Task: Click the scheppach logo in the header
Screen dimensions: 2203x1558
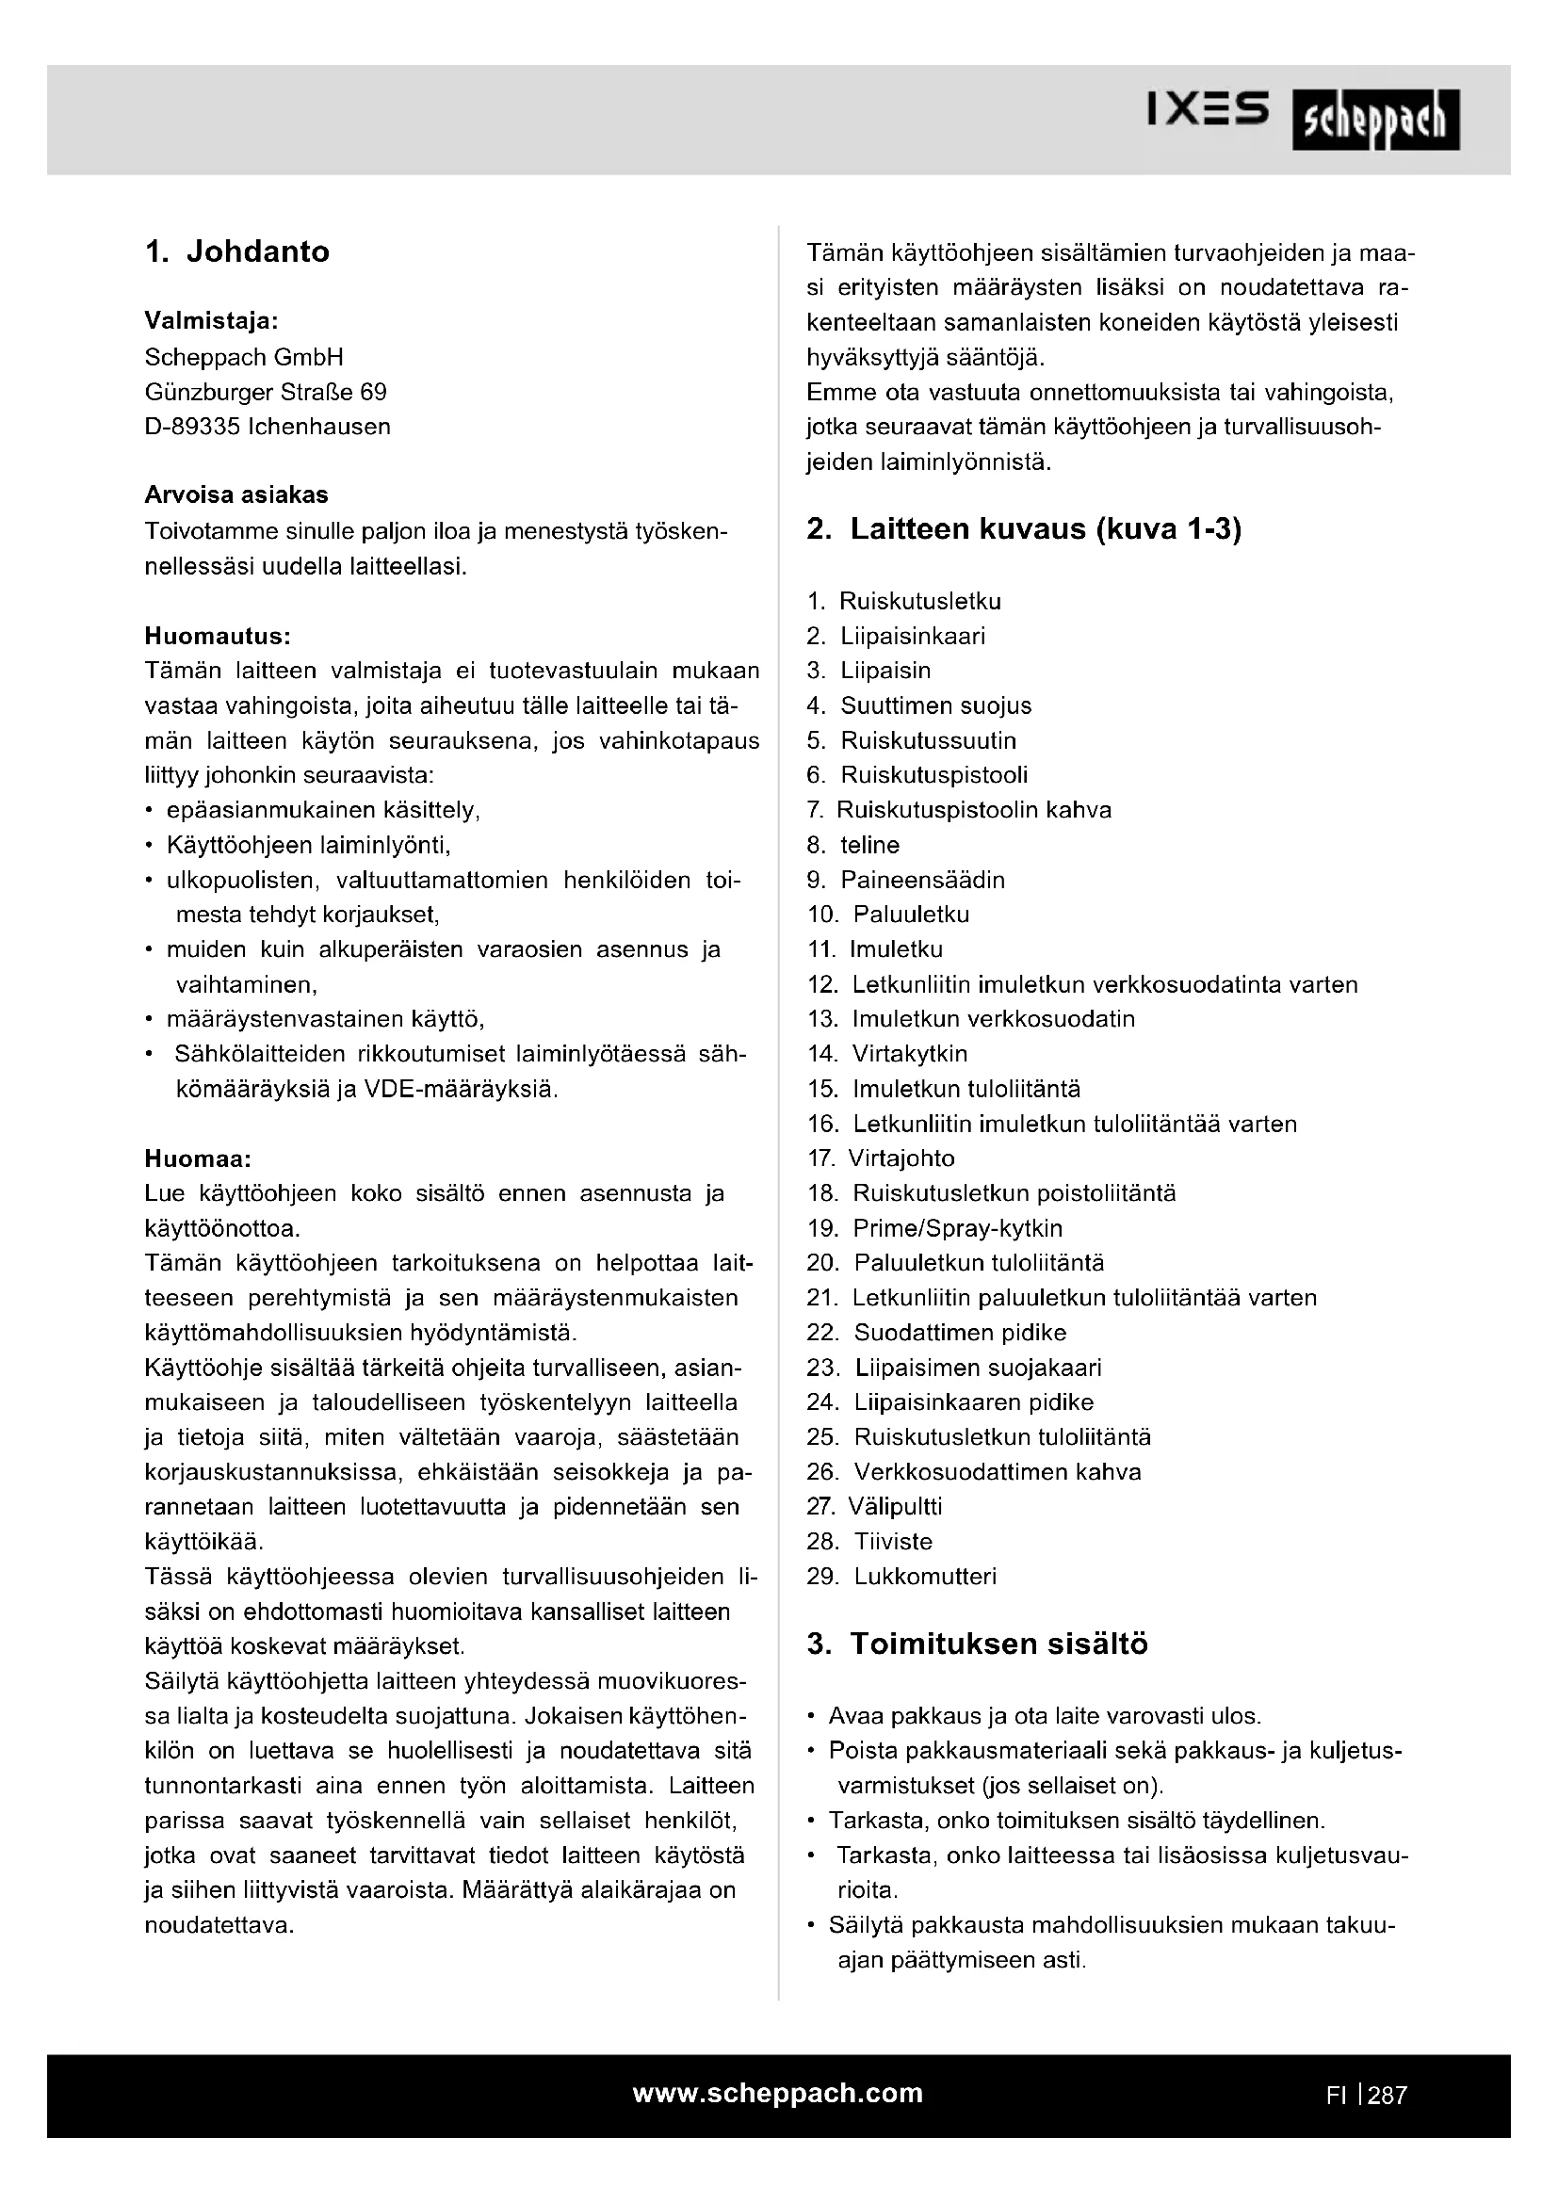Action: [x=1374, y=121]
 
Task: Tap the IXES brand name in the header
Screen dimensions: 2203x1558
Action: [x=1207, y=110]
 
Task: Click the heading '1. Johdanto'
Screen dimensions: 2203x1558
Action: [x=237, y=251]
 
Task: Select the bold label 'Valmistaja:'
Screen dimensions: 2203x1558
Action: [x=211, y=319]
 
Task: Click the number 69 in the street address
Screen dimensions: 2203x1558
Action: [x=373, y=393]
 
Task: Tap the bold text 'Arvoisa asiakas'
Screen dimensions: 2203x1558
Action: [x=236, y=495]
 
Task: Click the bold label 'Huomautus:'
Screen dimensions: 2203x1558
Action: [x=218, y=636]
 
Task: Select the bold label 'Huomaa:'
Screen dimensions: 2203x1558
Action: [x=198, y=1159]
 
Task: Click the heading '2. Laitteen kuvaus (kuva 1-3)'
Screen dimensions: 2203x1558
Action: [x=1024, y=529]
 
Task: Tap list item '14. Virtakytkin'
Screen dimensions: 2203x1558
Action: [x=887, y=1055]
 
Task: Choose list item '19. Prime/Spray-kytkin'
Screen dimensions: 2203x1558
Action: [x=934, y=1229]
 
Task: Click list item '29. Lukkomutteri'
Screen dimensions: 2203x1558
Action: [x=901, y=1577]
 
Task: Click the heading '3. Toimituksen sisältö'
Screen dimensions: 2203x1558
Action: [x=977, y=1644]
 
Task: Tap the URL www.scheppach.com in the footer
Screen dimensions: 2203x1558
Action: [x=778, y=2093]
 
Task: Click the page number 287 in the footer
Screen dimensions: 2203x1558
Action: [x=1388, y=2096]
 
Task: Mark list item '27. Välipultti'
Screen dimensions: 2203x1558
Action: [x=875, y=1507]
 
